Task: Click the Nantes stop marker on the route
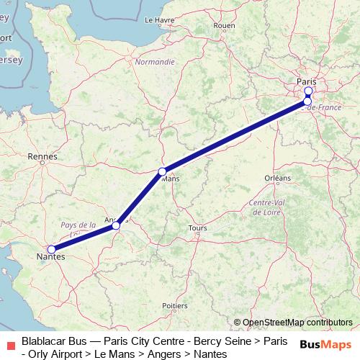51,249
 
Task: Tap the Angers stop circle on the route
116,226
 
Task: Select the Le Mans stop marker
163,171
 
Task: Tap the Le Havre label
160,20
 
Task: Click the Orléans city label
278,178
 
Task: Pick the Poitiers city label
175,306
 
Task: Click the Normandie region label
155,62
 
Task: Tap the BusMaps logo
325,344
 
